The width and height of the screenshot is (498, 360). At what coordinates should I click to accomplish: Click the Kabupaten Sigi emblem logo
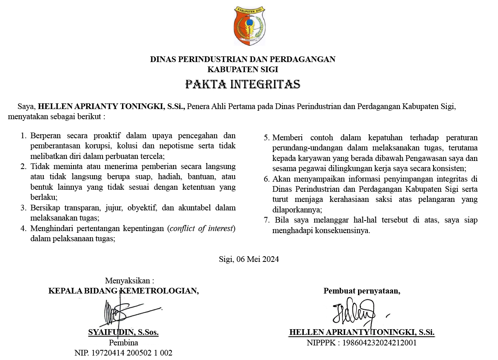tap(249, 26)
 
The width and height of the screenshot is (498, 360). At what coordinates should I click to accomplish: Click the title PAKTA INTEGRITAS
tap(243, 84)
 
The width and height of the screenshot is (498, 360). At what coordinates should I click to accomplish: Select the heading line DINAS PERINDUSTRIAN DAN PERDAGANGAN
tap(243, 59)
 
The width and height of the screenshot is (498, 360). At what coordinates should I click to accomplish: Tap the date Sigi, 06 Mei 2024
tap(249, 259)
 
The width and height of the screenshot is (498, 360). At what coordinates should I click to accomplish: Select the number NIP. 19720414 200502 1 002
tap(123, 353)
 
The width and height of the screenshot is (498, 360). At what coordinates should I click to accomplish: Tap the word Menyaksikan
tap(129, 281)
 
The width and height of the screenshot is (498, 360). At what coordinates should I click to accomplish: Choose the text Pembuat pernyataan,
tap(362, 291)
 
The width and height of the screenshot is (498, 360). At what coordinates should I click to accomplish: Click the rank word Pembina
tap(123, 343)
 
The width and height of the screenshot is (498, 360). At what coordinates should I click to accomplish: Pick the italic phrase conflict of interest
tap(201, 228)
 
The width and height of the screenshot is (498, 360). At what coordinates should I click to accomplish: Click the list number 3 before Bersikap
tap(23, 208)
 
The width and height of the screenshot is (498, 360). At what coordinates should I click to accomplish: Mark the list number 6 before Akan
tap(266, 179)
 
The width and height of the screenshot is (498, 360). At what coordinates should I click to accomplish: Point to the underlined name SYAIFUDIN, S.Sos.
tap(123, 332)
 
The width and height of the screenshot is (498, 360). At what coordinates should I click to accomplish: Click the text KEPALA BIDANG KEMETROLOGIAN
tap(123, 291)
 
